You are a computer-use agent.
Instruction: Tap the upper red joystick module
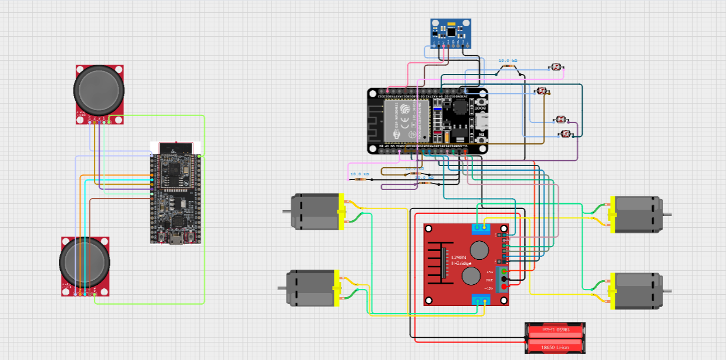[x=99, y=93]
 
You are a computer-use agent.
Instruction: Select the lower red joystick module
[x=85, y=266]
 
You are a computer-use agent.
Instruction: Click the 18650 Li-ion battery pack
[x=555, y=338]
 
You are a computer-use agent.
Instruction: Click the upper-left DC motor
[x=315, y=211]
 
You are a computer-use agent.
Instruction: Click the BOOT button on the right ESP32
[x=481, y=105]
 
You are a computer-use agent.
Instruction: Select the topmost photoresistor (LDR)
[x=556, y=68]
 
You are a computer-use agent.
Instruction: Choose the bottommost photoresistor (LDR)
[x=565, y=134]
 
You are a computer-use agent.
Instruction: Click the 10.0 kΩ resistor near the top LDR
[x=508, y=66]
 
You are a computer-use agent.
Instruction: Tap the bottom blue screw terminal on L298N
[x=481, y=300]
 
